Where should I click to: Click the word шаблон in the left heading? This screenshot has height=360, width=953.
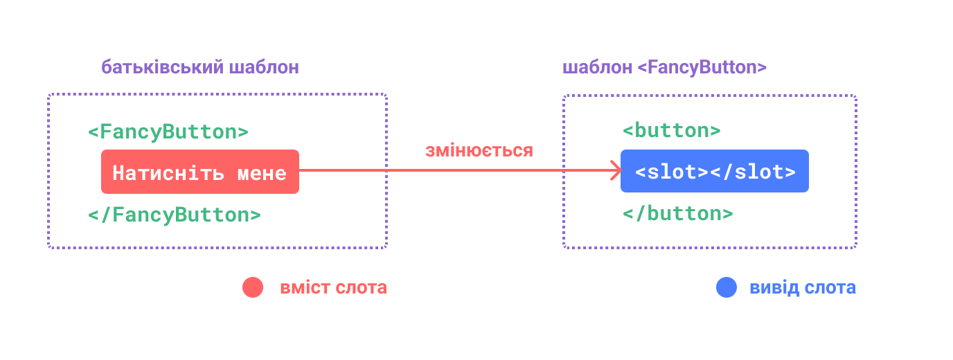pos(264,68)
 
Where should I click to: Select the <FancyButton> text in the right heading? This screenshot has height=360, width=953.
pos(702,68)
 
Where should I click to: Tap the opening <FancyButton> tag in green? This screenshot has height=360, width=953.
pos(168,132)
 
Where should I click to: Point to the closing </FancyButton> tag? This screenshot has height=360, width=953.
pos(175,215)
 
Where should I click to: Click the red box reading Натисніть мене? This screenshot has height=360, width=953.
pos(200,172)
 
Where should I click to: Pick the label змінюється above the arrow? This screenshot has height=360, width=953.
pos(479,150)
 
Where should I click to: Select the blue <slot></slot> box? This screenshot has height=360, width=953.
pos(715,171)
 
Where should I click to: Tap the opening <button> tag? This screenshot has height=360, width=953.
pos(672,131)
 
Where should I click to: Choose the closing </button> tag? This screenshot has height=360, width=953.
pos(678,213)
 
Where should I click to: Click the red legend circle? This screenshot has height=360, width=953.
pos(253,287)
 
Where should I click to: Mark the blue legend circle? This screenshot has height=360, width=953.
pos(727,287)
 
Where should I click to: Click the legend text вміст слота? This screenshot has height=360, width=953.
pos(333,288)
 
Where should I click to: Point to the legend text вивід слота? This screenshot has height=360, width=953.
pos(803,288)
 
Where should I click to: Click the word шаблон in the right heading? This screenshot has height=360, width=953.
pos(598,68)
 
